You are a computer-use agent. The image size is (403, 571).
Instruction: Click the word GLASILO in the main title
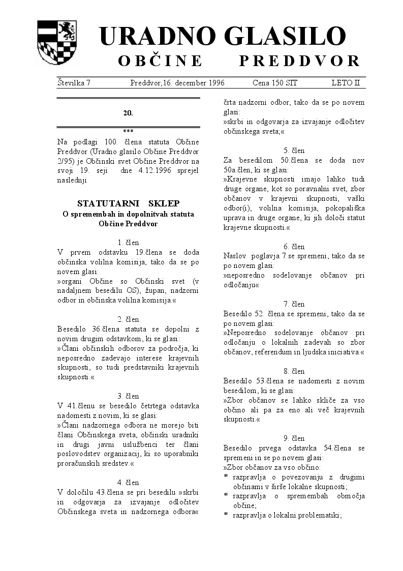(284, 37)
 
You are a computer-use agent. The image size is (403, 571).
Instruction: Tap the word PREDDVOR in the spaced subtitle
(299, 62)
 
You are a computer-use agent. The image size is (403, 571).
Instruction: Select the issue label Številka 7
(74, 82)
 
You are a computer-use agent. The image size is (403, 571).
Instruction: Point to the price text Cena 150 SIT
(275, 82)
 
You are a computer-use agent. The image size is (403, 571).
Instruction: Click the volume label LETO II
(346, 82)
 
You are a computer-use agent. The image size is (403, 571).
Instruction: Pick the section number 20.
(128, 113)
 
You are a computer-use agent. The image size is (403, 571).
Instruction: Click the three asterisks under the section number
(128, 131)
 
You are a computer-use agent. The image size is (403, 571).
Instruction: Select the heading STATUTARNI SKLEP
(128, 203)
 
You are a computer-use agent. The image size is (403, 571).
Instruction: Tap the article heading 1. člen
(128, 243)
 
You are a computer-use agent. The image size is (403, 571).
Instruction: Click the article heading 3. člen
(128, 396)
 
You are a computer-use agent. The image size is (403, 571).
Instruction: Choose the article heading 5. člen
(294, 151)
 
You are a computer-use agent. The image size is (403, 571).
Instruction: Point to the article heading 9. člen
(294, 438)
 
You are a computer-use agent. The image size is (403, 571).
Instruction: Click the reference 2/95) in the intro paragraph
(66, 161)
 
